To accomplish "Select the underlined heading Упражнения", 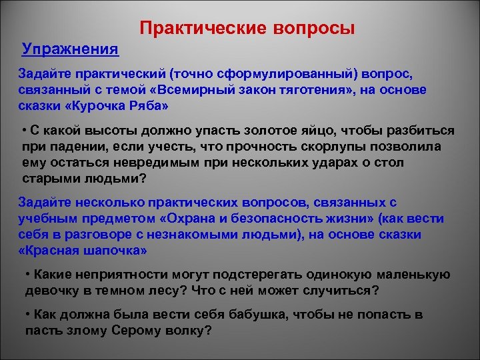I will tap(70, 49).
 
